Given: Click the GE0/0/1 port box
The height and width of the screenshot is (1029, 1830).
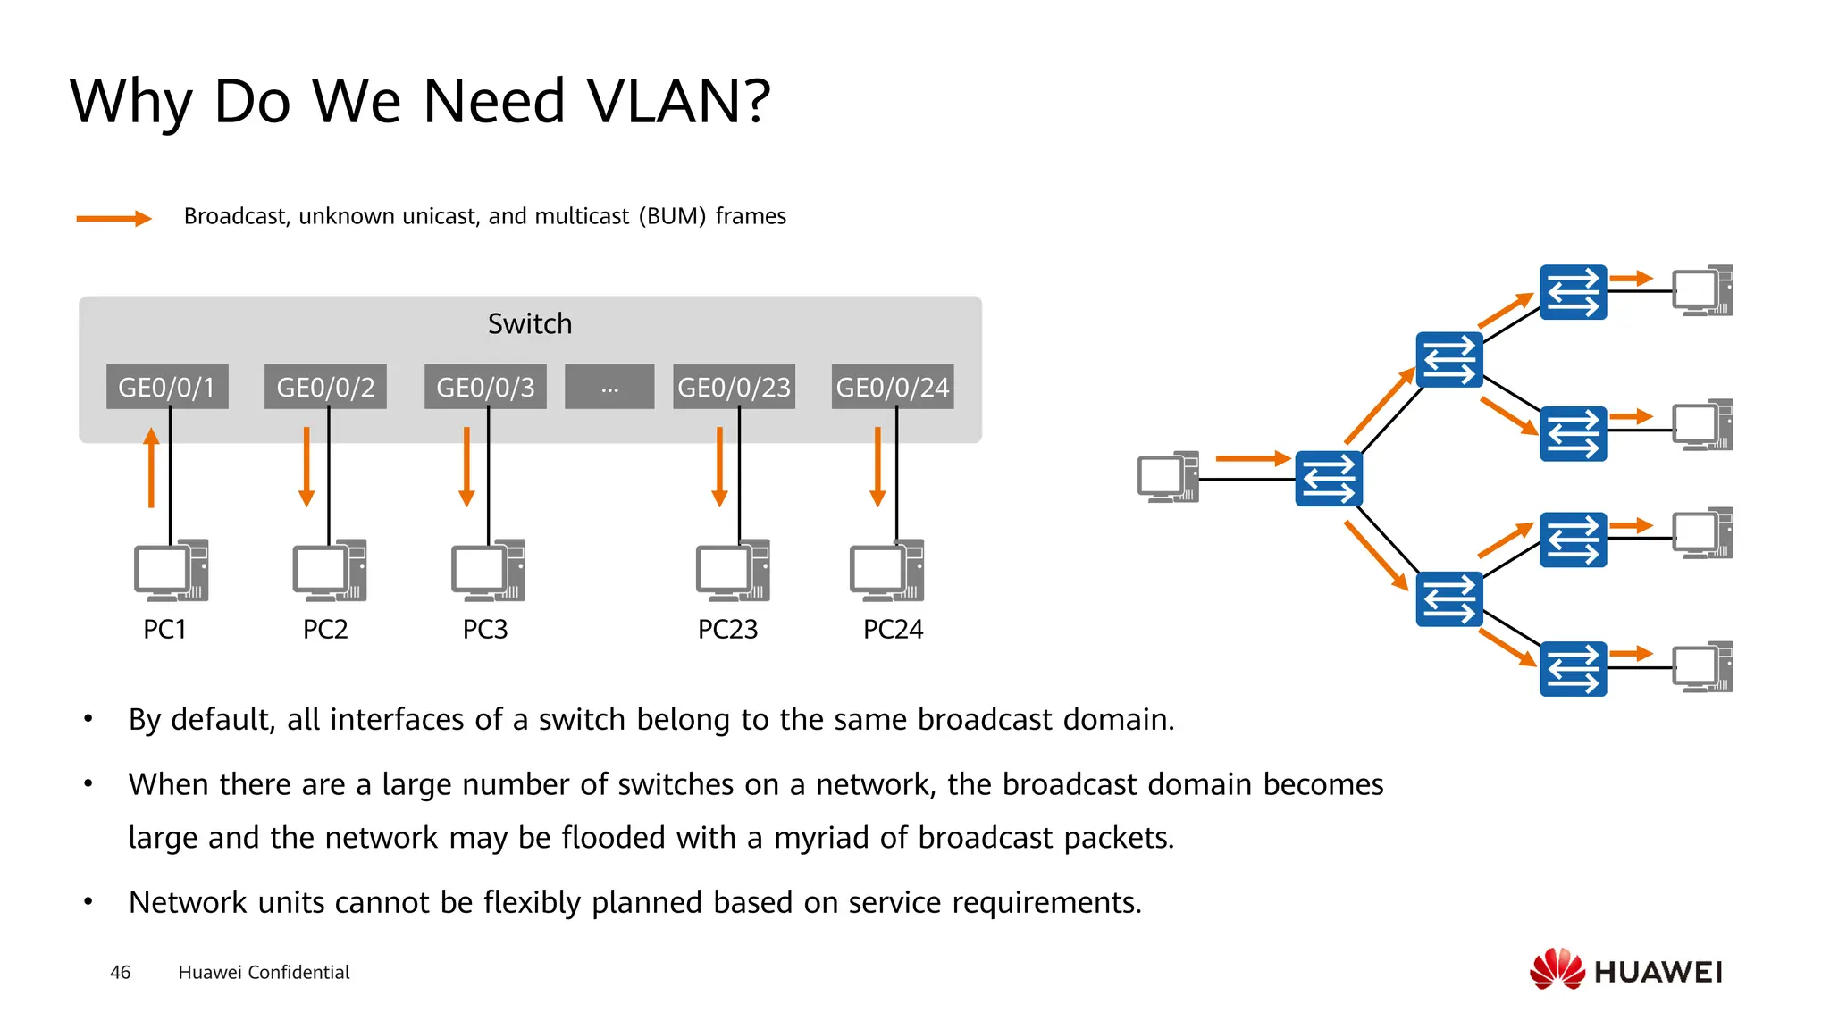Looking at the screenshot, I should (167, 387).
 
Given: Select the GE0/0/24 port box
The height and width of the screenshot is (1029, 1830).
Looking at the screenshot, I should (892, 387).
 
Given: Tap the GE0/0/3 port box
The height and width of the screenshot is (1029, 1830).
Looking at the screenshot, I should (485, 387).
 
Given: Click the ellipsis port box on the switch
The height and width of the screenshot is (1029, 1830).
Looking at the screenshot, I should (609, 387).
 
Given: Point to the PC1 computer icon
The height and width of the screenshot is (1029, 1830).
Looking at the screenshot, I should (171, 570).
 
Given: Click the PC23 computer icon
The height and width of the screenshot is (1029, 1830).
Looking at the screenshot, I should (733, 570).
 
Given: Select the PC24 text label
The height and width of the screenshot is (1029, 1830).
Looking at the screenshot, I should (893, 630).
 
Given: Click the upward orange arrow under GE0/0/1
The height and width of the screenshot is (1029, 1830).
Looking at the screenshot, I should (152, 467).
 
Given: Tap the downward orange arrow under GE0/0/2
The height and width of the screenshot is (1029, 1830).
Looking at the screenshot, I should (306, 467).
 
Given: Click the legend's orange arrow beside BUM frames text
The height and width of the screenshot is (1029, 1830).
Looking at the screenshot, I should (113, 218).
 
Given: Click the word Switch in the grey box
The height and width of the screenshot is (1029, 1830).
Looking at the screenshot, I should (530, 324).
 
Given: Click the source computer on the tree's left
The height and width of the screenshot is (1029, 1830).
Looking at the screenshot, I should (1167, 478).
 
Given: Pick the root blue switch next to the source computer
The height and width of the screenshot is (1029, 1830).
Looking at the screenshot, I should (1329, 479).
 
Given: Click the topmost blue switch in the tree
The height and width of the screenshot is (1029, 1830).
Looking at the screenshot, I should (1573, 292).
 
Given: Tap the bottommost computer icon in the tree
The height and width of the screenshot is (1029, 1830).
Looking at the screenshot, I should (1702, 667).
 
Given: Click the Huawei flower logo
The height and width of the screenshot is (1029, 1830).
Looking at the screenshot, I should (1557, 969).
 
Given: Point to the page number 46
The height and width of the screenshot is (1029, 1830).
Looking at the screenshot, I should (121, 973).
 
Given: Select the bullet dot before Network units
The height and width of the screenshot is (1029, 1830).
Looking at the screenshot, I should (88, 901).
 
